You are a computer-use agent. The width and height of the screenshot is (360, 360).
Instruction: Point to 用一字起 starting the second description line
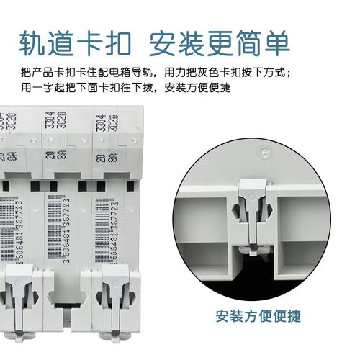41,89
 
